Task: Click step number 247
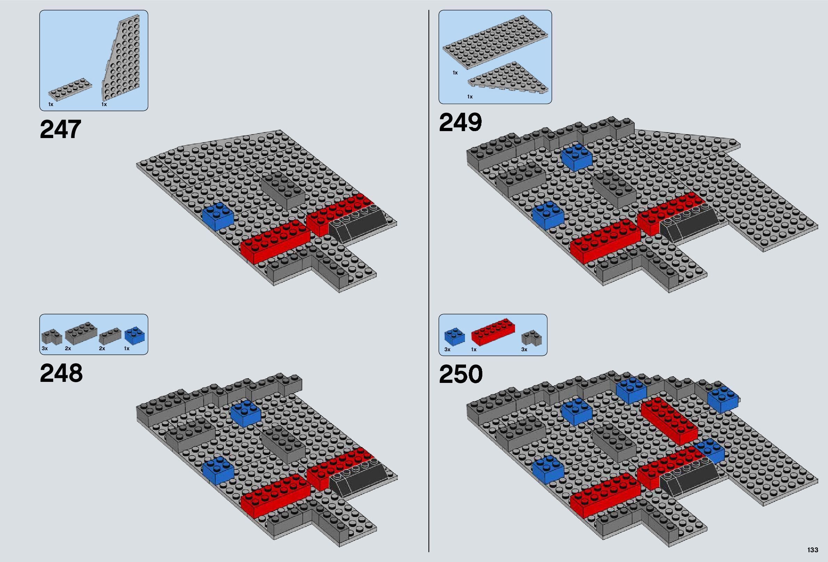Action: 60,129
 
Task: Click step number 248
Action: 61,374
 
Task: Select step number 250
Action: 461,374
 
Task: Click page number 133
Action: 813,550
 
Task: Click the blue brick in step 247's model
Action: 218,217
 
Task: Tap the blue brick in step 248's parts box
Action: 135,336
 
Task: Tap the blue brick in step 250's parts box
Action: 454,337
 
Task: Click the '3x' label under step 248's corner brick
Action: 45,348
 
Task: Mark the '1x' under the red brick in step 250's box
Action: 474,350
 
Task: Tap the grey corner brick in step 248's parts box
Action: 51,336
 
